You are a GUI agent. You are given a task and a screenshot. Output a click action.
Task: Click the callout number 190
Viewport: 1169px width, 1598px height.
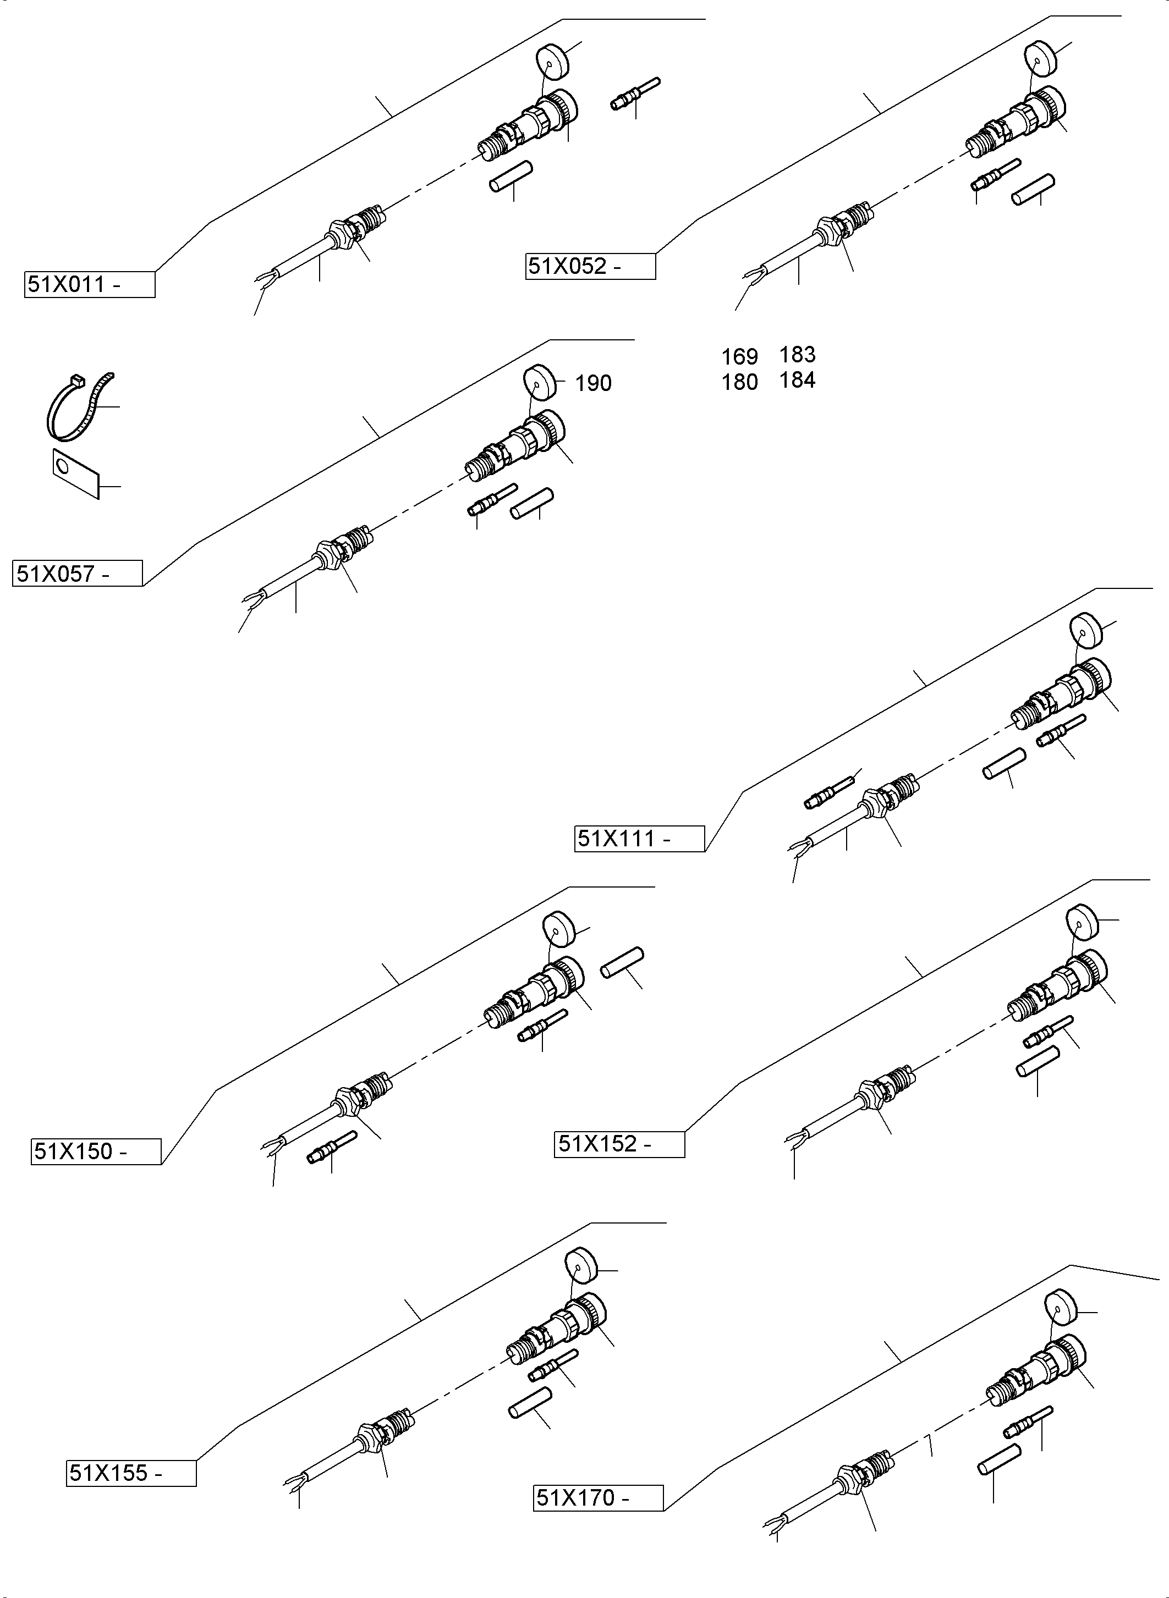[593, 383]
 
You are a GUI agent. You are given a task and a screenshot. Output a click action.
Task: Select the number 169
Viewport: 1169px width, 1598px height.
[739, 356]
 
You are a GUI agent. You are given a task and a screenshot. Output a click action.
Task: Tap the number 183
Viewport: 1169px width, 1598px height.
[798, 354]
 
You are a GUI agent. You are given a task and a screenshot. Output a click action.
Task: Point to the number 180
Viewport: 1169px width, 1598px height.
[739, 382]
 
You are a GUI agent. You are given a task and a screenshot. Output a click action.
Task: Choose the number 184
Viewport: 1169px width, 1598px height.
[798, 380]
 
